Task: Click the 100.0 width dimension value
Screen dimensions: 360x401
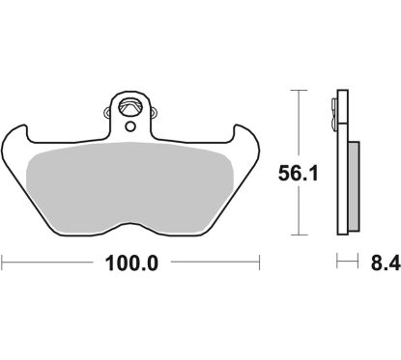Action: tap(131, 262)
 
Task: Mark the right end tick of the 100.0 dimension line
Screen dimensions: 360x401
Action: tap(261, 262)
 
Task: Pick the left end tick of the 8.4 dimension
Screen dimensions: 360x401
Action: tap(335, 262)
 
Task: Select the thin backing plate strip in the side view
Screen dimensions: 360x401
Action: tap(339, 164)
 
